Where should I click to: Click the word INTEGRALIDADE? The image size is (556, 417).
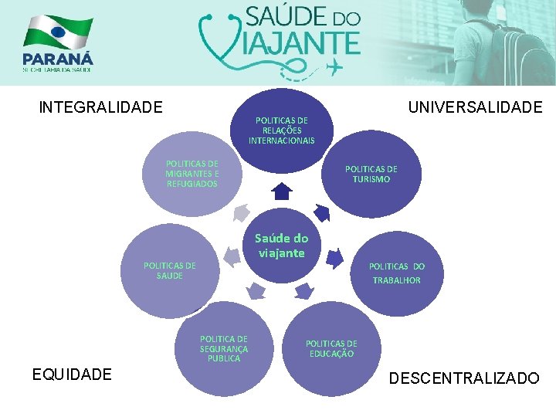click(100, 107)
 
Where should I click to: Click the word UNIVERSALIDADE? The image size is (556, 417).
click(475, 107)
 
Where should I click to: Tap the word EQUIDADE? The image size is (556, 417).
click(72, 375)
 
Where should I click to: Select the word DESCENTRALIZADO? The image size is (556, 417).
click(464, 378)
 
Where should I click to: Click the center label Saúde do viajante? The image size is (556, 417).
click(281, 246)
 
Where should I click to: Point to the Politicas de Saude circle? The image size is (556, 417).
click(169, 270)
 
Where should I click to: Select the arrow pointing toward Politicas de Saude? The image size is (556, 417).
click(229, 254)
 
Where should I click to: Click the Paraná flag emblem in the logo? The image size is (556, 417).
click(58, 32)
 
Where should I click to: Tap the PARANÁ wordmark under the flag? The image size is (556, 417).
click(58, 59)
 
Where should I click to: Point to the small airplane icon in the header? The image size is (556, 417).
click(334, 69)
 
